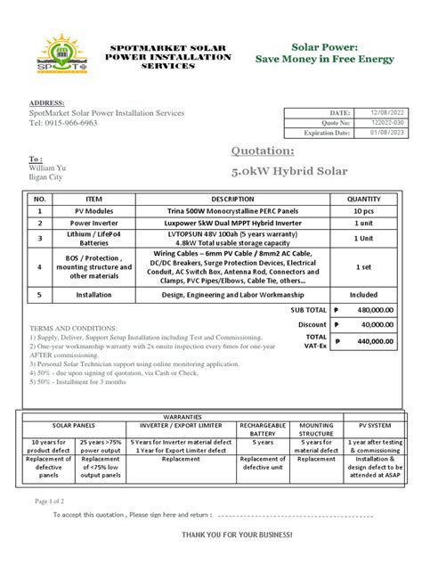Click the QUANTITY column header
(x=363, y=200)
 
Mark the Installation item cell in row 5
(x=93, y=293)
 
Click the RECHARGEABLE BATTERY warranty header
(x=263, y=430)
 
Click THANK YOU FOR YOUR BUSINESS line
(x=236, y=534)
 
